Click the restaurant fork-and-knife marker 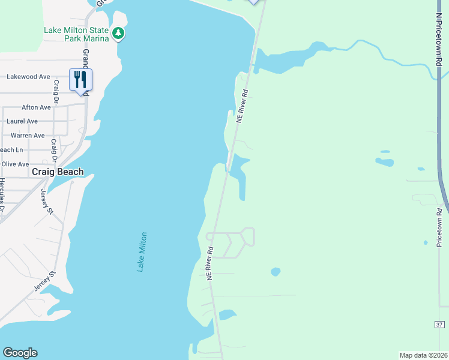click(80, 80)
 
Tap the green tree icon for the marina click(119, 33)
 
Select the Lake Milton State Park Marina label click(76, 34)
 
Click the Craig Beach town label click(58, 172)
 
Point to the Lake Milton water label click(142, 252)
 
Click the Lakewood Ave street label click(28, 77)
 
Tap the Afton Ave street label click(36, 107)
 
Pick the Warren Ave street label click(28, 136)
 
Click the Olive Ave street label click(15, 164)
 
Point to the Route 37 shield click(439, 325)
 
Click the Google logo click(20, 353)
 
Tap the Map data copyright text click(423, 355)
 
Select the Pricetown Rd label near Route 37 click(439, 227)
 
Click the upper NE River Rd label click(242, 107)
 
